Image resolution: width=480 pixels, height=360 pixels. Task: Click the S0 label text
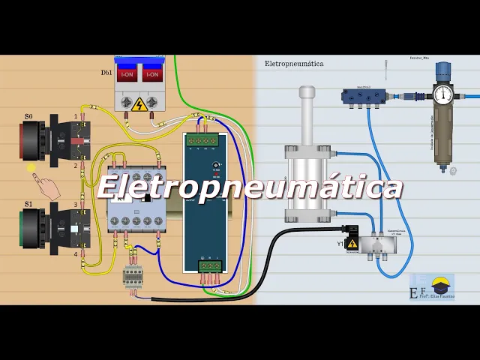pyautogui.click(x=28, y=116)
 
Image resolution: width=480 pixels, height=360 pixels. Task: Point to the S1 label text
pyautogui.click(x=28, y=203)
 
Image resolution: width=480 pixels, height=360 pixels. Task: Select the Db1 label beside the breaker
pyautogui.click(x=106, y=73)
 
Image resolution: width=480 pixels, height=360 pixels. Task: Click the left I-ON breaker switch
pyautogui.click(x=127, y=74)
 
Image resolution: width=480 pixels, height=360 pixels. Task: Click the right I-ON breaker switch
pyautogui.click(x=152, y=74)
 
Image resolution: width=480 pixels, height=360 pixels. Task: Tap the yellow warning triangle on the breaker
pyautogui.click(x=139, y=104)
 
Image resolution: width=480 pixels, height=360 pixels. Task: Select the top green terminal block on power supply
pyautogui.click(x=203, y=139)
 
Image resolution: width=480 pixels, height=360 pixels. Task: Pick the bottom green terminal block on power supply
pyautogui.click(x=210, y=265)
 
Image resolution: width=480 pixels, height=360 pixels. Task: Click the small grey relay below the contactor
pyautogui.click(x=133, y=277)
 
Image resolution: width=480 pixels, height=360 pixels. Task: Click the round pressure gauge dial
pyautogui.click(x=443, y=94)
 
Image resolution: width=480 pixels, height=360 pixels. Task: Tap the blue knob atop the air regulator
pyautogui.click(x=443, y=70)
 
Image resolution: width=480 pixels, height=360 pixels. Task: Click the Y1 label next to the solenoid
pyautogui.click(x=340, y=244)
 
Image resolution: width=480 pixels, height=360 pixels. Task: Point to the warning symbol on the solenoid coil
pyautogui.click(x=352, y=243)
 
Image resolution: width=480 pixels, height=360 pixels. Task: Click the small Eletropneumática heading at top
pyautogui.click(x=294, y=64)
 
